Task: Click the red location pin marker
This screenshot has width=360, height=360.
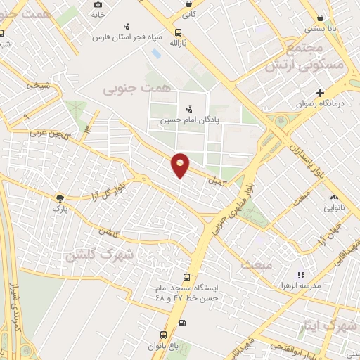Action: (181, 165)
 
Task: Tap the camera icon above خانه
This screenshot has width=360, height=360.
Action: (98, 4)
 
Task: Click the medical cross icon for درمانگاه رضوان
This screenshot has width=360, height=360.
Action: (320, 93)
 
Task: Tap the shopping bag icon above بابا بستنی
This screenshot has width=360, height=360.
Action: (321, 18)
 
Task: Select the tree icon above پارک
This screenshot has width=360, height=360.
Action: (60, 198)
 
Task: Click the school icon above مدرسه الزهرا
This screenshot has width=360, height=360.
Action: (301, 275)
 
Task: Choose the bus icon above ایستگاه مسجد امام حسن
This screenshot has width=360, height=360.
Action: (186, 277)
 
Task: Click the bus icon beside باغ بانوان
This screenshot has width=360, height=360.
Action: (163, 335)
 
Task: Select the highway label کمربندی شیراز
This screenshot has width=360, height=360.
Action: (13, 302)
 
